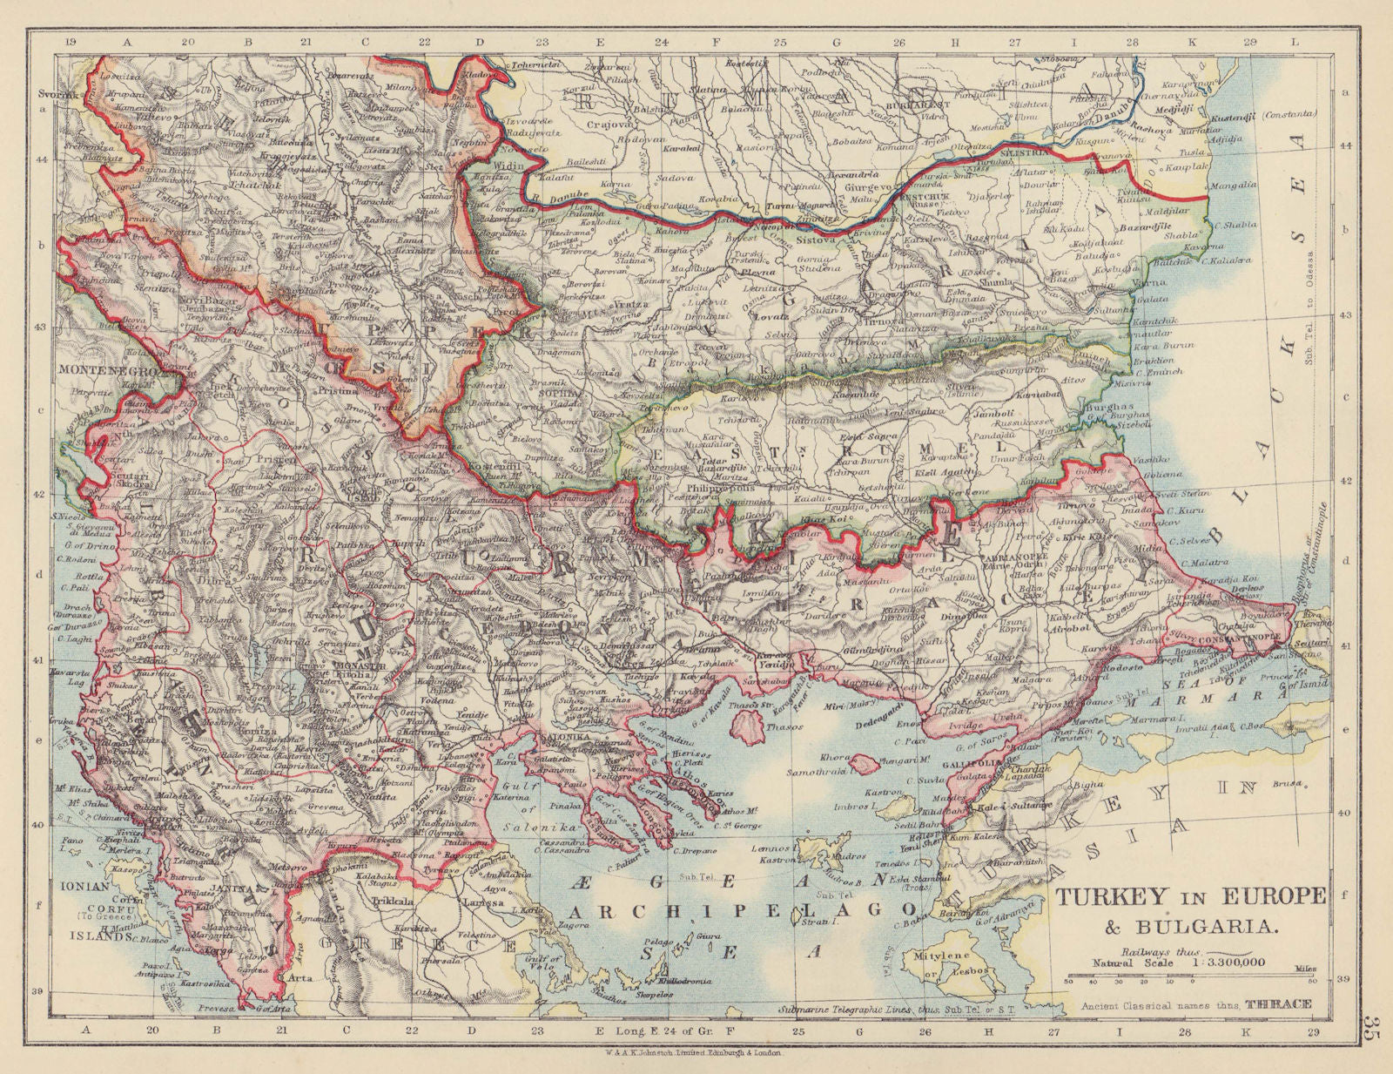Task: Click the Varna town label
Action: pyautogui.click(x=1151, y=284)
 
